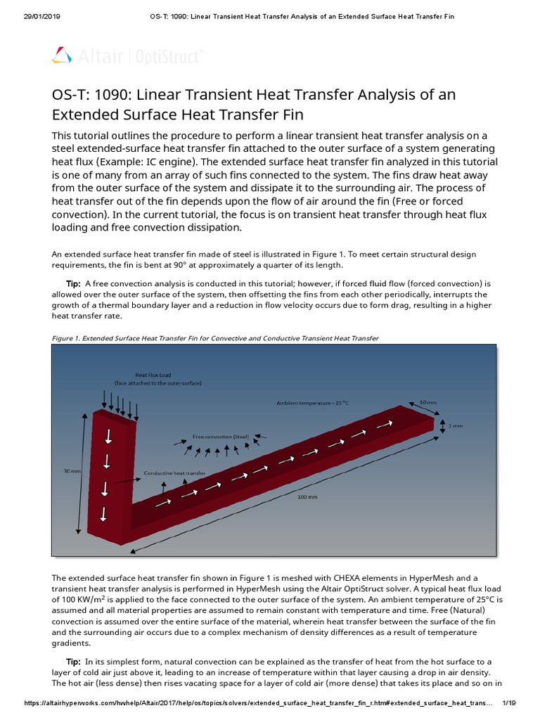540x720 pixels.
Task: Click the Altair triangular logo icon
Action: click(62, 55)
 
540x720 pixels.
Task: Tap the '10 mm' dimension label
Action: click(427, 401)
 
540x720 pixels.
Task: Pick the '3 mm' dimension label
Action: click(456, 426)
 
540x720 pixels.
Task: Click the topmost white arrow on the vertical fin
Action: click(108, 437)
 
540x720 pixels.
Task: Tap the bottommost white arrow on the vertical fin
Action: click(104, 513)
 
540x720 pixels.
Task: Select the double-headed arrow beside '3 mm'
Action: click(442, 426)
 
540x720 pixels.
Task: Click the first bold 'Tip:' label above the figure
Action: click(73, 283)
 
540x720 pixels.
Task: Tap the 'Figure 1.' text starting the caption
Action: click(66, 338)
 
